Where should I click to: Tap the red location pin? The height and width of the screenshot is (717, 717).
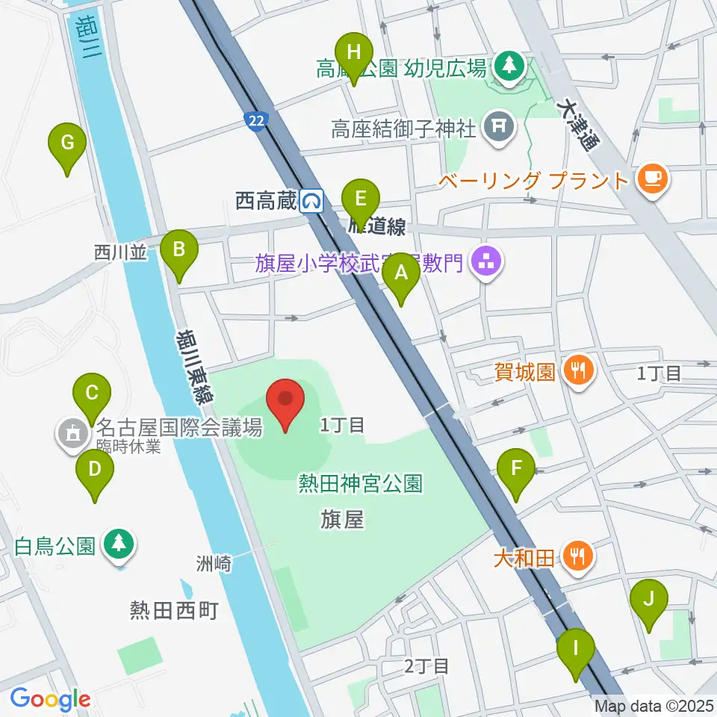click(288, 404)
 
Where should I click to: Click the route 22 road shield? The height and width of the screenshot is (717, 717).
click(256, 121)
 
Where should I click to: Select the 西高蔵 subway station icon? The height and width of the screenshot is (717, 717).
click(311, 200)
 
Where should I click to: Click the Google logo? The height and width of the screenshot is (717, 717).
click(50, 699)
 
